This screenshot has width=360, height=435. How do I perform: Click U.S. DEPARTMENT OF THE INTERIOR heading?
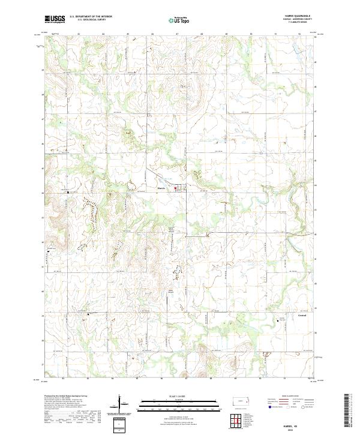[90, 17]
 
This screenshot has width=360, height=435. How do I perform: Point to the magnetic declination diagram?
[122, 404]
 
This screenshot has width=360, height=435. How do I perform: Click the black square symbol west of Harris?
[68, 193]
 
